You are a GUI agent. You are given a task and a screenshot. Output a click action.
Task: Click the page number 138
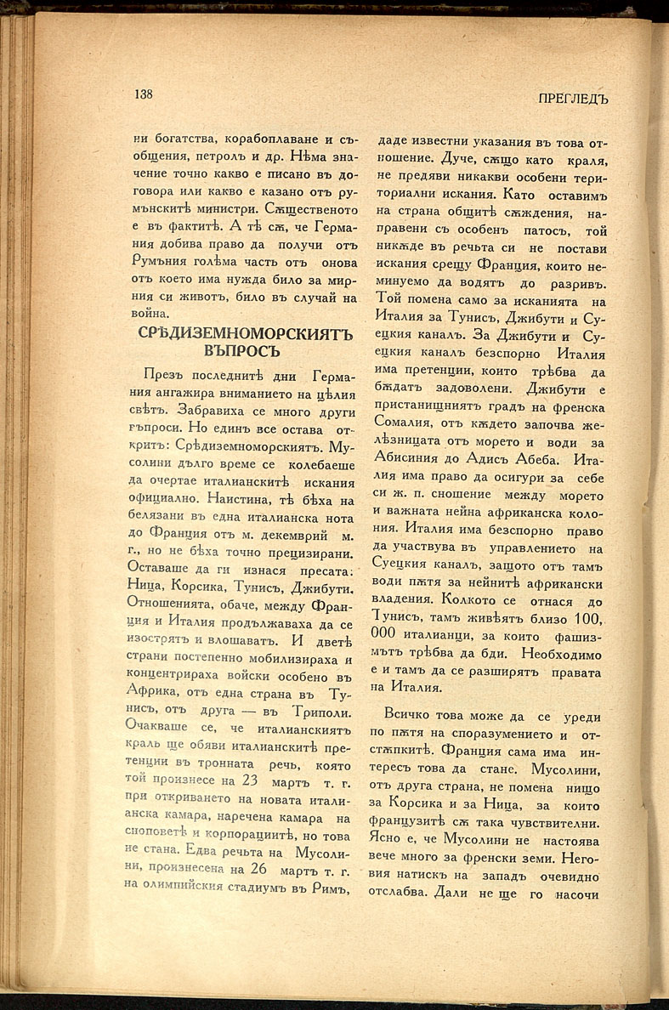click(x=143, y=94)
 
